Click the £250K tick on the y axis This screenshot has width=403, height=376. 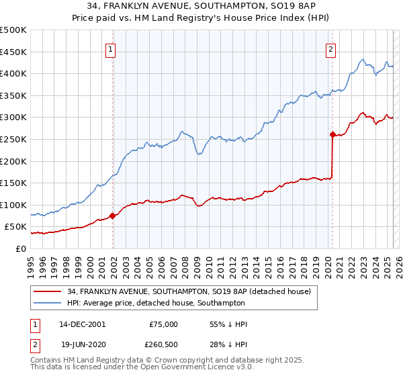[13, 139]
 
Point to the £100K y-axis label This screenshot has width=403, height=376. [13, 205]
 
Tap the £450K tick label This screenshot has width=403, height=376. [13, 52]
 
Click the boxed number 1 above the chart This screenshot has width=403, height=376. [110, 48]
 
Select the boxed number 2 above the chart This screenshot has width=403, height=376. [331, 48]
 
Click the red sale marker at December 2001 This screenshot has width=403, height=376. [113, 216]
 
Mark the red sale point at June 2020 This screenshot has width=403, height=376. [332, 134]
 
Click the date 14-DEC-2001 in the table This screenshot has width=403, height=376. [82, 324]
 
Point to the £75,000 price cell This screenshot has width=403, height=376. [163, 324]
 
